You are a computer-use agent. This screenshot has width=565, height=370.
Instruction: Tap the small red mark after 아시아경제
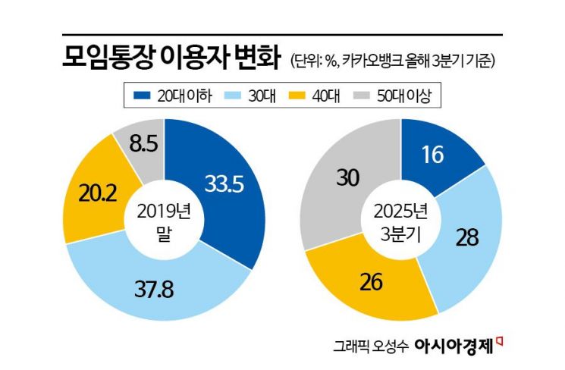[x=499, y=340]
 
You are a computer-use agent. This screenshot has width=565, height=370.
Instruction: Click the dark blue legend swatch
[x=142, y=95]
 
